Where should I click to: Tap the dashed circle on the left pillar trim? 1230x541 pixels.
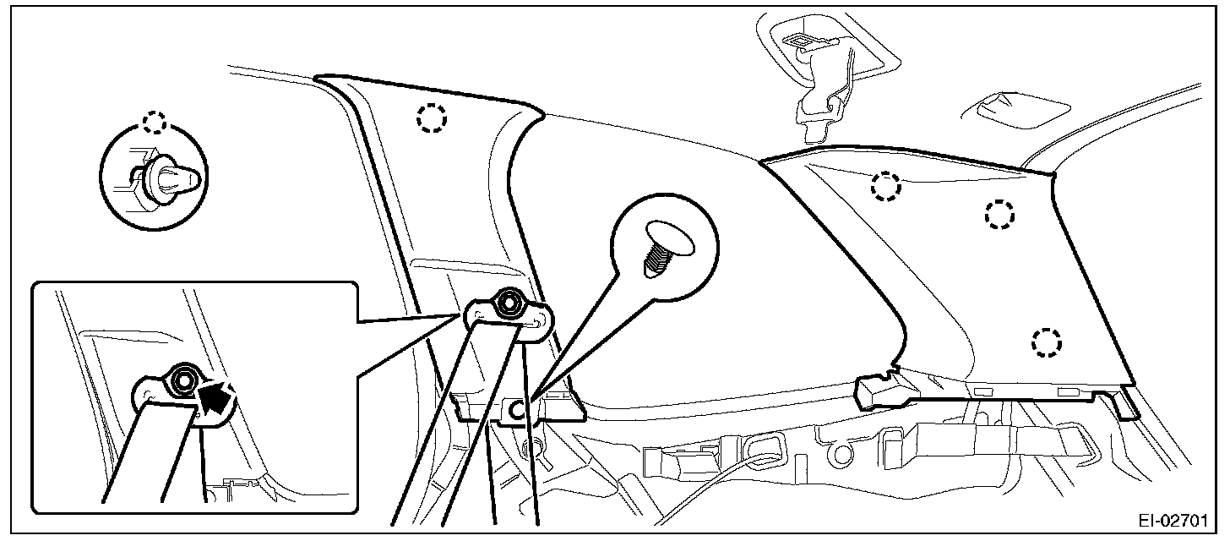[431, 119]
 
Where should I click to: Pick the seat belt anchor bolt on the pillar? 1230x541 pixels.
[509, 303]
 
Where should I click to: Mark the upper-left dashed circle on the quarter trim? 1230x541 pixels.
[884, 186]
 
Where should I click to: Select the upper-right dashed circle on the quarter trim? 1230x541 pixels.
[999, 215]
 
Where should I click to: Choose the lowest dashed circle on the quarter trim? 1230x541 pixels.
[1046, 342]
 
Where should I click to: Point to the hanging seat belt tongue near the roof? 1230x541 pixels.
[816, 110]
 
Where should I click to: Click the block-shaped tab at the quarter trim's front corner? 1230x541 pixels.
[883, 391]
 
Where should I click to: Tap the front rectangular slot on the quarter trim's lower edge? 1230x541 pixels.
[982, 391]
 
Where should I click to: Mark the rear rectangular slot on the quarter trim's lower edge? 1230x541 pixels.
[1069, 391]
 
